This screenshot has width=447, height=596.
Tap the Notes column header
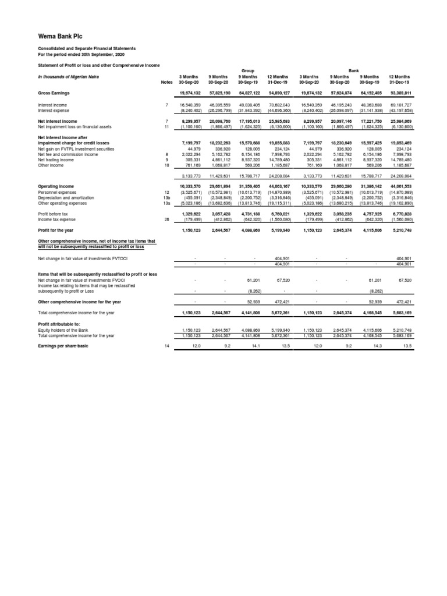tap(166, 81)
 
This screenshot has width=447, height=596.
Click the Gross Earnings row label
tap(55, 93)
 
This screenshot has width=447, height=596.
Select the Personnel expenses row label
tap(58, 191)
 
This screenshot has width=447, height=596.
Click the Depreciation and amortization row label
tap(66, 197)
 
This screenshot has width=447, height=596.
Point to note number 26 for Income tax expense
tap(166, 219)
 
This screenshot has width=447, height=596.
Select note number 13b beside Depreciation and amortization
tap(166, 197)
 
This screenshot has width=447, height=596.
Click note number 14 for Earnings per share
tap(166, 346)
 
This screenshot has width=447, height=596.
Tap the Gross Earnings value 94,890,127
tap(278, 93)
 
